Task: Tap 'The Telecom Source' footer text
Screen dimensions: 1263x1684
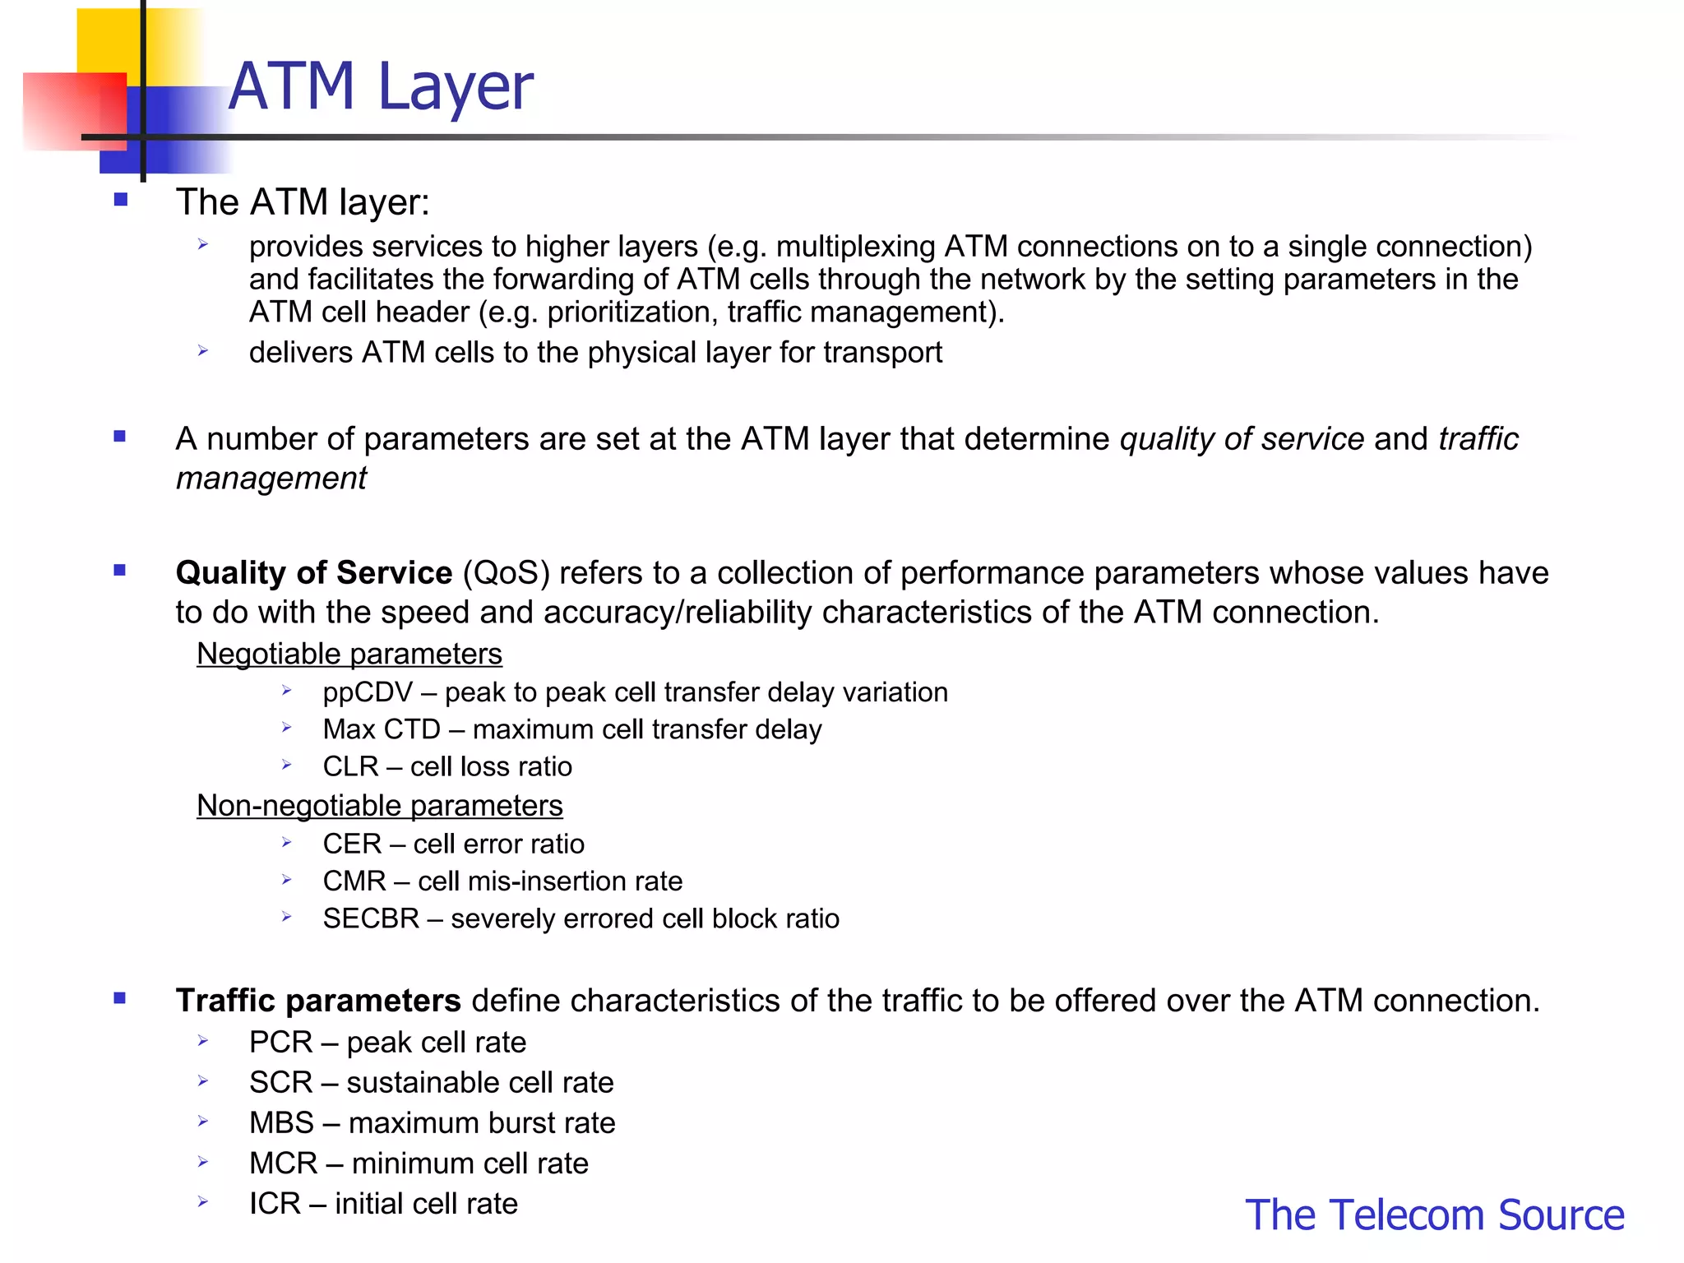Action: [x=1434, y=1214]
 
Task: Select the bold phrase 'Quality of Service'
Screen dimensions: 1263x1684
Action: [x=313, y=573]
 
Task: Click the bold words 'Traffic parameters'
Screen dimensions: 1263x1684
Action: [x=318, y=1001]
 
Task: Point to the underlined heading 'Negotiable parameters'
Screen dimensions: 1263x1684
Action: [x=349, y=654]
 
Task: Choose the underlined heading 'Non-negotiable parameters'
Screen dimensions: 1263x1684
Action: [x=380, y=806]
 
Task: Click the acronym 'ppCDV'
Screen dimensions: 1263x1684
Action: [x=368, y=692]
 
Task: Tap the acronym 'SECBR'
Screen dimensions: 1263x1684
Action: [x=371, y=918]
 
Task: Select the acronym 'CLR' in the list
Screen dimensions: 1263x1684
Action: [x=350, y=766]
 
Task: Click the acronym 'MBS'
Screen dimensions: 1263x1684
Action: [x=281, y=1123]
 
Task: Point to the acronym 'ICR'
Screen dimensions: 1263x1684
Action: [x=275, y=1204]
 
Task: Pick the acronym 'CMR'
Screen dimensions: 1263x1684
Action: [x=354, y=881]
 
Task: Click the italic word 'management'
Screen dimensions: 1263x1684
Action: [x=271, y=479]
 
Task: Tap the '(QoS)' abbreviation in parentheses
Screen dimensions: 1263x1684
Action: [x=506, y=573]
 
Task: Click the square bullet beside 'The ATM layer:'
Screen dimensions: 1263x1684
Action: [x=121, y=200]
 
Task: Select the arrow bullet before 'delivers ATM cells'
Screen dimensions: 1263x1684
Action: [x=203, y=351]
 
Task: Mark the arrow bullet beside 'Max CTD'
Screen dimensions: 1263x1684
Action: [x=286, y=728]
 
